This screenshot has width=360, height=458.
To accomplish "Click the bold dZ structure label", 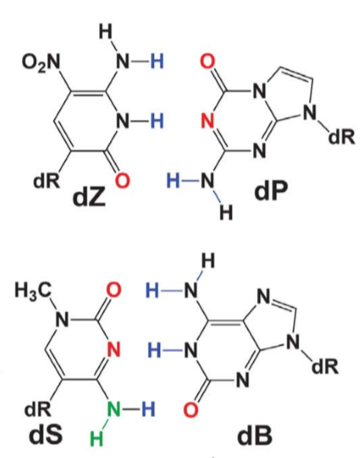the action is [x=89, y=198].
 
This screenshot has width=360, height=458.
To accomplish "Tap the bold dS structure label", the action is [x=46, y=434].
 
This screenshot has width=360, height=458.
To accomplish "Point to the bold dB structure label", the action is [x=255, y=436].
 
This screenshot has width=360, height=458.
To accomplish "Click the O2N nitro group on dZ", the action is [x=41, y=63].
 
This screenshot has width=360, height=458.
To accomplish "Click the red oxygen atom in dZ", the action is [x=122, y=180].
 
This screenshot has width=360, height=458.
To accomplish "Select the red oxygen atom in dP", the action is [x=207, y=61].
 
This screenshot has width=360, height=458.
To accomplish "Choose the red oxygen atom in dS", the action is [x=113, y=290].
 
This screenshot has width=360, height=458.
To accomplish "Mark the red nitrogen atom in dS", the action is [x=114, y=350].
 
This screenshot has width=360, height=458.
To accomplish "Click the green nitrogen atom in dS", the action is [x=114, y=409].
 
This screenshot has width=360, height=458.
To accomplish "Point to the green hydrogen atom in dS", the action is [x=97, y=439].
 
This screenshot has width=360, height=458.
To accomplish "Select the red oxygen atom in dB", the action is [x=191, y=409].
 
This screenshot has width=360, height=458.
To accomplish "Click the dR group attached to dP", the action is [x=342, y=137].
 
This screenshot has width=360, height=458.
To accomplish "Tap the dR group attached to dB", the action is [x=325, y=367].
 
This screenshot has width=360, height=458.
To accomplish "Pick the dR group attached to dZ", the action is [x=46, y=181].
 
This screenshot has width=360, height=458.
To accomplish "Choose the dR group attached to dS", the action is [x=38, y=409].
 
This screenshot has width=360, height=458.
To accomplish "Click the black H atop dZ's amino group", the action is [x=105, y=32].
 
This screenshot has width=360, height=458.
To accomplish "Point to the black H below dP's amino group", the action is [x=226, y=212].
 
